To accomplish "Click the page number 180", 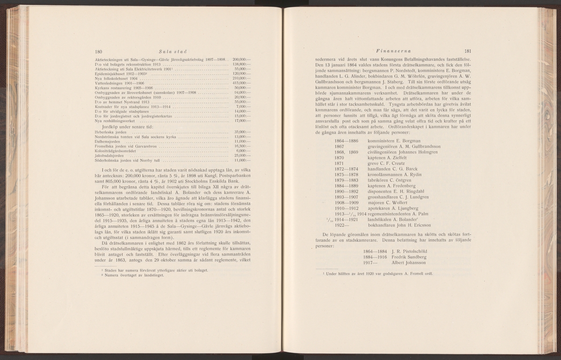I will point(99,52).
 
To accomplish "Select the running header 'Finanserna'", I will point(389,50).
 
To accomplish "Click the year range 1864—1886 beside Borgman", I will point(346,141).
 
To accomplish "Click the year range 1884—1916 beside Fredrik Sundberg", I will point(374,257).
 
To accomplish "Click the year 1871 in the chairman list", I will point(343,163).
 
